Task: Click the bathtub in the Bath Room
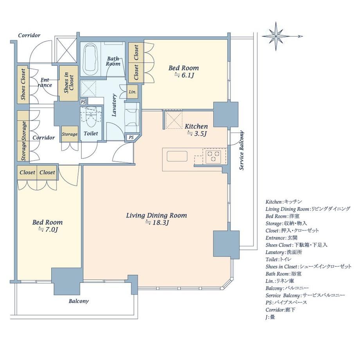[x=90, y=59]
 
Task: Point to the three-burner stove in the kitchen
[x=213, y=156]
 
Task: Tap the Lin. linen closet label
[x=133, y=92]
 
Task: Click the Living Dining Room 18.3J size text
[x=157, y=223]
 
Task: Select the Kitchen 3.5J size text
[x=197, y=133]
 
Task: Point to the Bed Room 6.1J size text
[x=184, y=75]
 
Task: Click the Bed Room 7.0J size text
[x=48, y=229]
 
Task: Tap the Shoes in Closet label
[x=68, y=83]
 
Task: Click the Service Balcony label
[x=241, y=150]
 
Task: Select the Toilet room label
[x=91, y=133]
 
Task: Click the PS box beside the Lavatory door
[x=131, y=137]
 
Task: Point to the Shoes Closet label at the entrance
[x=23, y=84]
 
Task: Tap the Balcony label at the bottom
[x=79, y=301]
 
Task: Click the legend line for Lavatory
[x=284, y=252]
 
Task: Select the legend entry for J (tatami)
[x=270, y=317]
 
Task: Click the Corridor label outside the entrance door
[x=29, y=35]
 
